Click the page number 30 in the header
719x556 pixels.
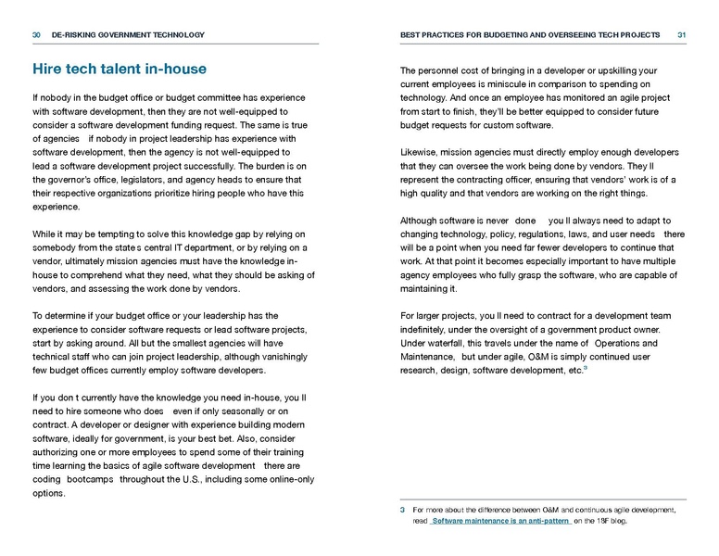36,35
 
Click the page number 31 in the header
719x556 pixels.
681,35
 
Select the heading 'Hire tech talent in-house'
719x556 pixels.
120,69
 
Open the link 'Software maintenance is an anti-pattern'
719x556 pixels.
500,521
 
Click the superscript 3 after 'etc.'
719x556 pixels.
586,368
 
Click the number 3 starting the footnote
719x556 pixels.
403,510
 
